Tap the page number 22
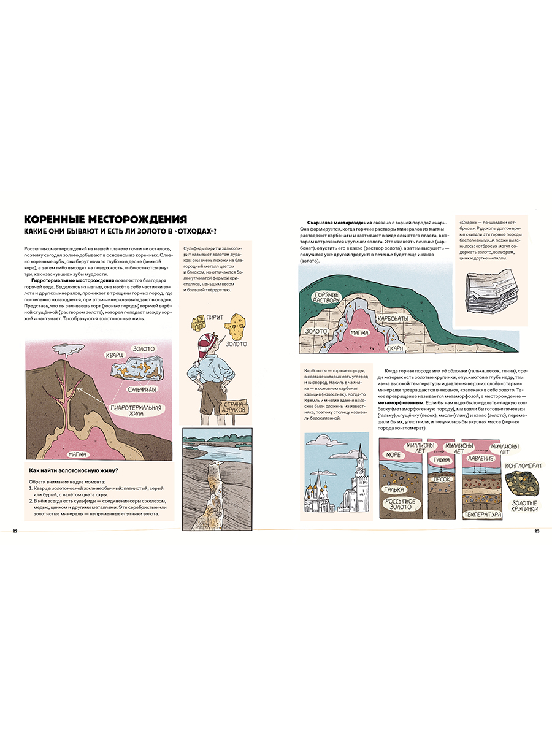[15, 531]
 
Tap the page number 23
[536, 531]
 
